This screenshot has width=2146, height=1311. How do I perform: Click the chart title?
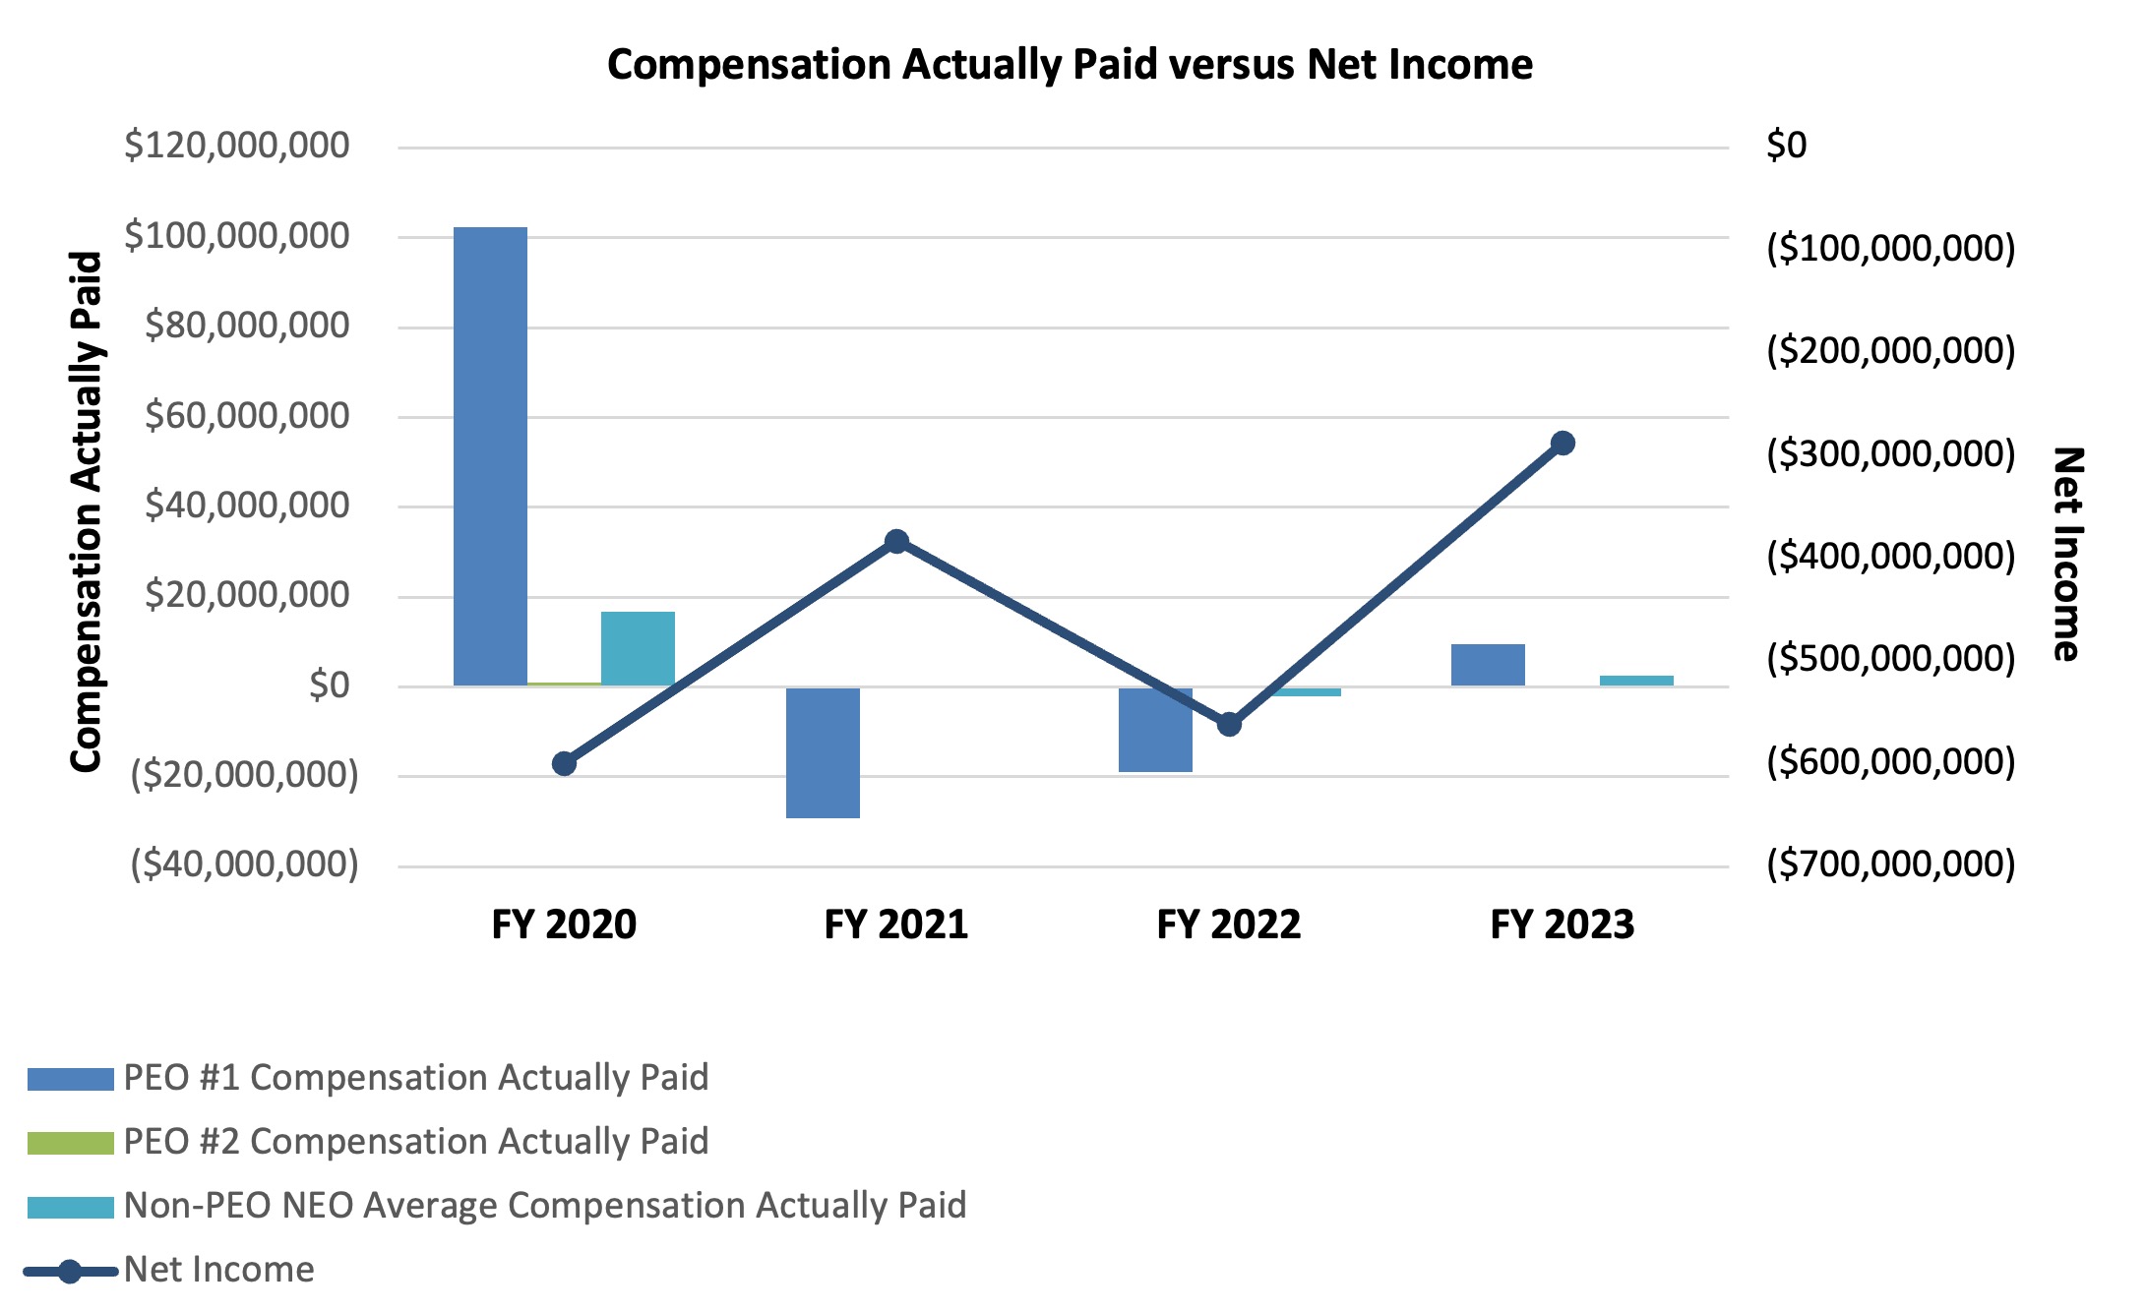[x=1070, y=65]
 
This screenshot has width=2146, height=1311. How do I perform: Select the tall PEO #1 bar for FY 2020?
[x=490, y=456]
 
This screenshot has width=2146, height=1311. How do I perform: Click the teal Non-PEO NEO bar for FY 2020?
[x=638, y=648]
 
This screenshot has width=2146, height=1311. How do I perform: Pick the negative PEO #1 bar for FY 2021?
[x=823, y=752]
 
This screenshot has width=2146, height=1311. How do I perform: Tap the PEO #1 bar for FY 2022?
[x=1155, y=730]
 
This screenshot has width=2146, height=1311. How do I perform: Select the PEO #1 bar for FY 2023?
[x=1488, y=665]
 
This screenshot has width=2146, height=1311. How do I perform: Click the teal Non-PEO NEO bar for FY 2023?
[x=1636, y=681]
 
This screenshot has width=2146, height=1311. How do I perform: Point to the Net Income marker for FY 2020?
[x=564, y=763]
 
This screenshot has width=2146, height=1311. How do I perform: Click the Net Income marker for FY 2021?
[x=896, y=541]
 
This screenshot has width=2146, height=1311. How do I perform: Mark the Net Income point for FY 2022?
[x=1229, y=724]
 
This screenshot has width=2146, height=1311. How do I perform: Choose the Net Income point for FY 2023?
[x=1563, y=443]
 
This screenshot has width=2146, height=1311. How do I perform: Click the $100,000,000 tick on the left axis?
[x=236, y=236]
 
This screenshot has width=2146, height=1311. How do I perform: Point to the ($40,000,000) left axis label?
[x=244, y=864]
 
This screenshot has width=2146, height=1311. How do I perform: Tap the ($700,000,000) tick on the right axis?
[x=1890, y=864]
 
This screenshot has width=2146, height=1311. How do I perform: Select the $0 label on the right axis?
[x=1786, y=146]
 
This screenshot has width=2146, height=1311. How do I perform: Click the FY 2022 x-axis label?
[x=1229, y=924]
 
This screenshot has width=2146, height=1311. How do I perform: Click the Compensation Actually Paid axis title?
[x=87, y=511]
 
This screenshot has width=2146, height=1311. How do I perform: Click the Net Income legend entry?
[x=218, y=1270]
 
